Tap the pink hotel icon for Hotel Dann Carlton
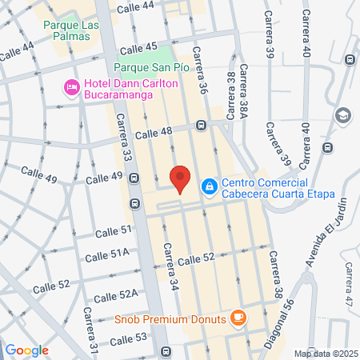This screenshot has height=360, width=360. click(70, 87)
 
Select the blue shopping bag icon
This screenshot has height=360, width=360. click(208, 186)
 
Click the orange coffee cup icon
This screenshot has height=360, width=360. click(237, 318)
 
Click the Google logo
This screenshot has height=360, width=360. click(26, 350)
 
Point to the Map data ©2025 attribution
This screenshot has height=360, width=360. click(324, 353)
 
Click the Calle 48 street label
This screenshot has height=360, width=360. click(154, 133)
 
